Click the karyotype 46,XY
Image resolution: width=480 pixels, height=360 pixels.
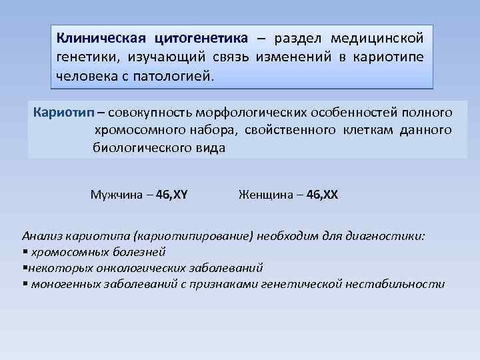[171, 195]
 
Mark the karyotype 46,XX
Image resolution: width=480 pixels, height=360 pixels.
[323, 195]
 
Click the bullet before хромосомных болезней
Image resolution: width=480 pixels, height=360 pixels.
[25, 253]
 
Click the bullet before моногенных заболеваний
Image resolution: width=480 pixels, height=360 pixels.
[25, 285]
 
